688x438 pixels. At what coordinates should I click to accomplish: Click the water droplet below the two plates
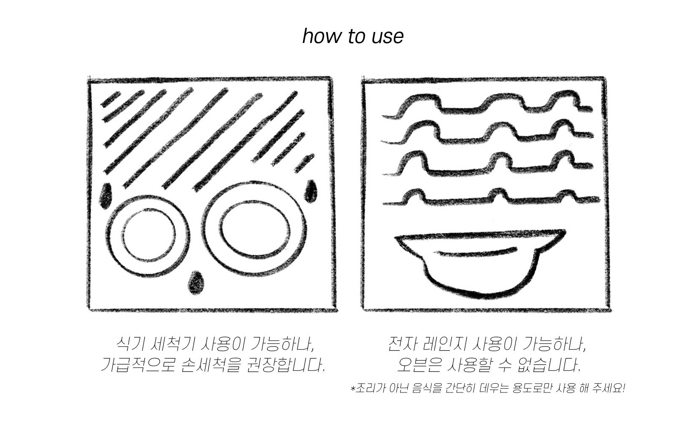[x=196, y=283]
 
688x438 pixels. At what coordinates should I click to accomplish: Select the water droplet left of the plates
[x=106, y=196]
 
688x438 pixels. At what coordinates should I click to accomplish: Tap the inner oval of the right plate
[x=221, y=228]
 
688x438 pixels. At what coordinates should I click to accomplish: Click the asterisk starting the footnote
[x=353, y=388]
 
